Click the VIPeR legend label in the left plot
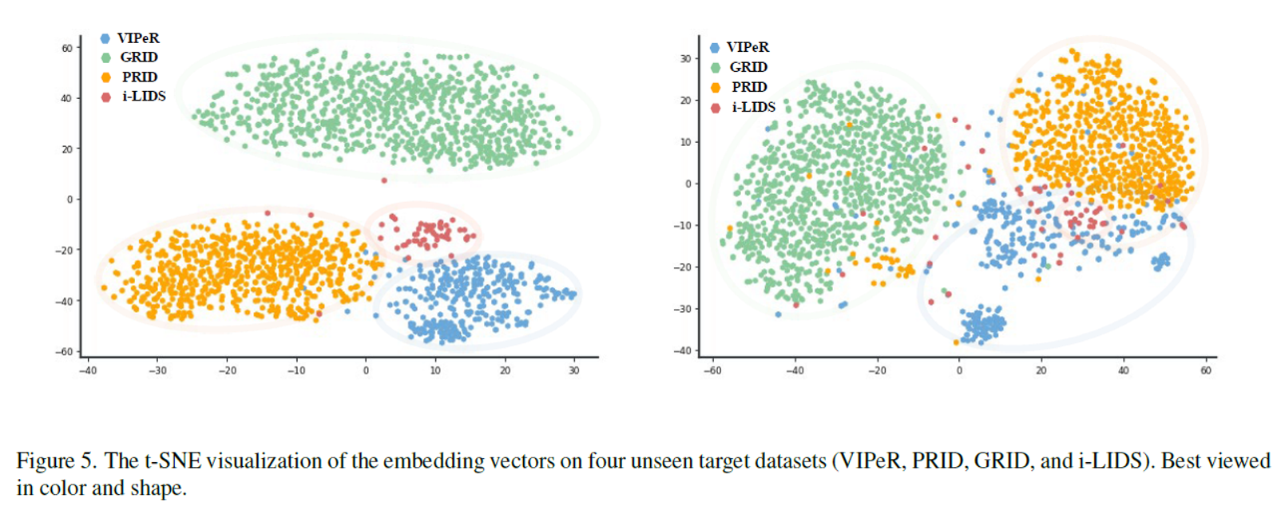(138, 38)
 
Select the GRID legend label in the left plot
(139, 57)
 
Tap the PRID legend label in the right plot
(749, 87)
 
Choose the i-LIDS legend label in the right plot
(753, 107)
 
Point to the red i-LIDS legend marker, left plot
(105, 97)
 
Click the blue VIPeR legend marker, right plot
(715, 48)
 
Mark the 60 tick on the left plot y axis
(67, 48)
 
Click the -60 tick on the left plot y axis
(64, 351)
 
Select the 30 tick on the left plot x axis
(573, 370)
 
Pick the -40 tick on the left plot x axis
(88, 370)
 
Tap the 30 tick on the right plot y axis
(685, 59)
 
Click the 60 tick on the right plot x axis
(1206, 370)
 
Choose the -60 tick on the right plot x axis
(712, 370)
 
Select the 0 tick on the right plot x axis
(959, 370)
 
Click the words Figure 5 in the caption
(56, 461)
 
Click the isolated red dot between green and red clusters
(384, 180)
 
